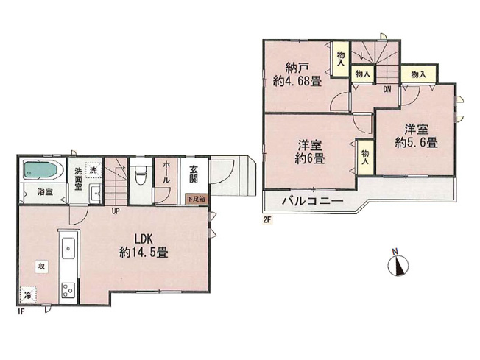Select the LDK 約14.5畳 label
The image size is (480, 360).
pyautogui.click(x=144, y=244)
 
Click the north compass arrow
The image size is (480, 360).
pyautogui.click(x=397, y=264)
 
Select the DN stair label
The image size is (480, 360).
pyautogui.click(x=386, y=90)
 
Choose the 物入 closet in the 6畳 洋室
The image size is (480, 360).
pyautogui.click(x=365, y=157)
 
